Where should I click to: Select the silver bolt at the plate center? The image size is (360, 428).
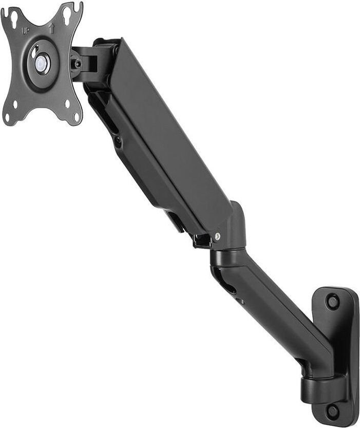(x=41, y=64)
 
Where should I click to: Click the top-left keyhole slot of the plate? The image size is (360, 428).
(x=13, y=20)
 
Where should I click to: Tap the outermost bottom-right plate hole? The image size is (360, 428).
(x=76, y=117)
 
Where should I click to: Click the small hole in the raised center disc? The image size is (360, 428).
(x=34, y=53)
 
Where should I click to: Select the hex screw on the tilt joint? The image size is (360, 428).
(x=78, y=64)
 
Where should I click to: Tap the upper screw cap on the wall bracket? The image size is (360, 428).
(x=332, y=301)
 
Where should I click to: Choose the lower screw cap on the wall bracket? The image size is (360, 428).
(x=333, y=410)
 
